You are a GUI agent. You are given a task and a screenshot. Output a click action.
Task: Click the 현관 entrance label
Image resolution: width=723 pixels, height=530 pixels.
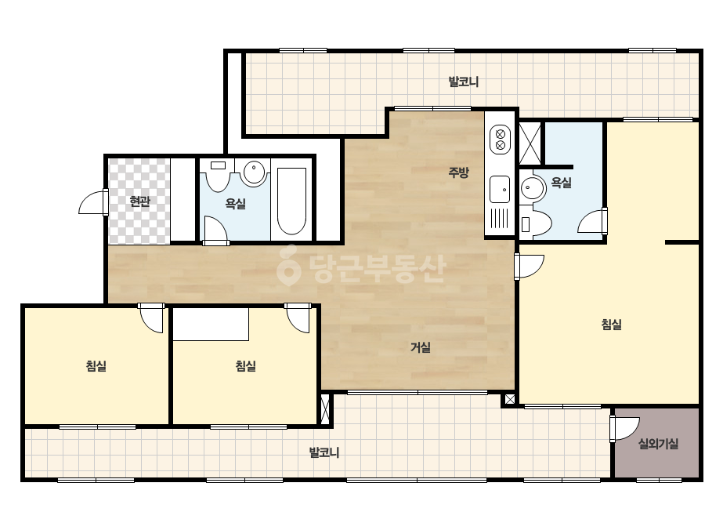pyautogui.click(x=139, y=201)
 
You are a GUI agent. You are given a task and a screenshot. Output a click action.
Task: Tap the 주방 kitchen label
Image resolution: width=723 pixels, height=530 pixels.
pyautogui.click(x=458, y=172)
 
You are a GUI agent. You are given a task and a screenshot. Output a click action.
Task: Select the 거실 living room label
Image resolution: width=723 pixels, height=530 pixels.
pyautogui.click(x=421, y=347)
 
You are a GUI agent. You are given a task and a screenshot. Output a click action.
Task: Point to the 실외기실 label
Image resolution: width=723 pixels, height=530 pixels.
pyautogui.click(x=658, y=444)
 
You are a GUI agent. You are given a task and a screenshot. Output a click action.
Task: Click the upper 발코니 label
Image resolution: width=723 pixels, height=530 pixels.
pyautogui.click(x=464, y=82)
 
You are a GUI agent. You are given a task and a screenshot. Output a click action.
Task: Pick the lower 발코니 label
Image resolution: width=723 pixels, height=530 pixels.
pyautogui.click(x=324, y=452)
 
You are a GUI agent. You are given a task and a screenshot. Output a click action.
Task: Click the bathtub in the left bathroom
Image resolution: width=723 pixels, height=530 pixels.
pyautogui.click(x=291, y=201)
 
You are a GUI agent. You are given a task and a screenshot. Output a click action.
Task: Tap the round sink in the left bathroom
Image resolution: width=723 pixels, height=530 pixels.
pyautogui.click(x=254, y=172)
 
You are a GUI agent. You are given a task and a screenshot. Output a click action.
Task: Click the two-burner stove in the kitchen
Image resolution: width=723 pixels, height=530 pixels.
pyautogui.click(x=500, y=140)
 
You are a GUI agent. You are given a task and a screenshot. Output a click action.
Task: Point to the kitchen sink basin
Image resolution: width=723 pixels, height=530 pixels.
pyautogui.click(x=500, y=189)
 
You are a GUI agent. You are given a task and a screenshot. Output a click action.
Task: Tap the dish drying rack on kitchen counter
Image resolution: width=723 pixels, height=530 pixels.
pyautogui.click(x=499, y=219)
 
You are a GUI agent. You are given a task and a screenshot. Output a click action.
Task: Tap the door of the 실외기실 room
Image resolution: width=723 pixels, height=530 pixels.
pyautogui.click(x=625, y=428)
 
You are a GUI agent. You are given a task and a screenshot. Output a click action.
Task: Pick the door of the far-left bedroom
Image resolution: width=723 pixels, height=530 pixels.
pyautogui.click(x=151, y=318)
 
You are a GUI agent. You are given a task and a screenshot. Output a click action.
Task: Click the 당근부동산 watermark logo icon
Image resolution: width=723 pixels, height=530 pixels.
pyautogui.click(x=288, y=266)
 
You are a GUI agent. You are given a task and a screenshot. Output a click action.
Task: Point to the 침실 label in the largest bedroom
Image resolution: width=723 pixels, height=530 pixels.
pyautogui.click(x=612, y=325)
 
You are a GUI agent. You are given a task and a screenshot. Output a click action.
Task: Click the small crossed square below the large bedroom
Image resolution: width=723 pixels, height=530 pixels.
pyautogui.click(x=509, y=399)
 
